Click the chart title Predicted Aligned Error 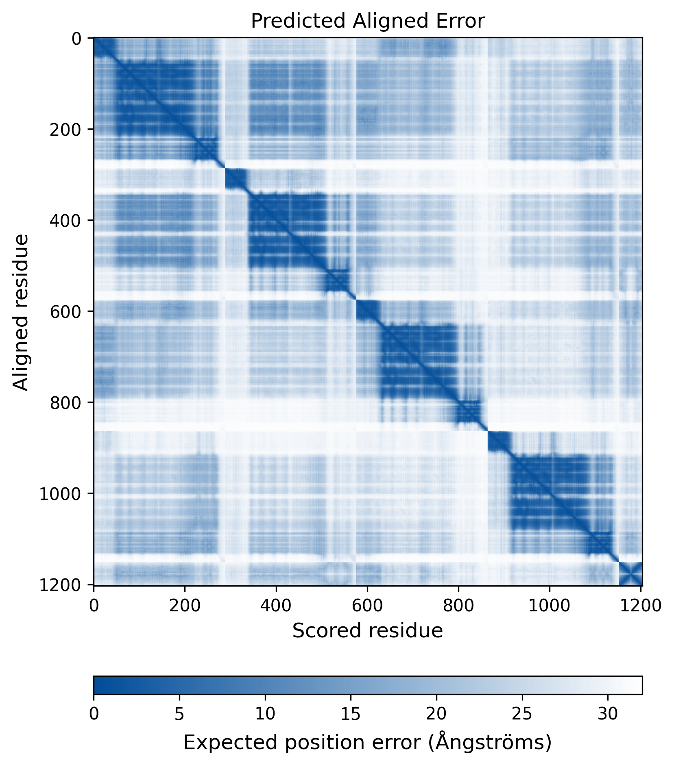pyautogui.click(x=367, y=21)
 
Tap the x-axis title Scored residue pyautogui.click(x=367, y=630)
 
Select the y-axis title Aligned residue pyautogui.click(x=21, y=312)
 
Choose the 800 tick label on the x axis pyautogui.click(x=458, y=605)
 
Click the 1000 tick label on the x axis pyautogui.click(x=549, y=605)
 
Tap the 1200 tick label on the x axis pyautogui.click(x=641, y=605)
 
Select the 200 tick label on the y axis pyautogui.click(x=65, y=129)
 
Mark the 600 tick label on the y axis pyautogui.click(x=65, y=311)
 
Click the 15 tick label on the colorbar pyautogui.click(x=351, y=714)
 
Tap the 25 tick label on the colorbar pyautogui.click(x=522, y=714)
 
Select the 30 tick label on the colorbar pyautogui.click(x=608, y=714)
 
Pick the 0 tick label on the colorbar pyautogui.click(x=94, y=714)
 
